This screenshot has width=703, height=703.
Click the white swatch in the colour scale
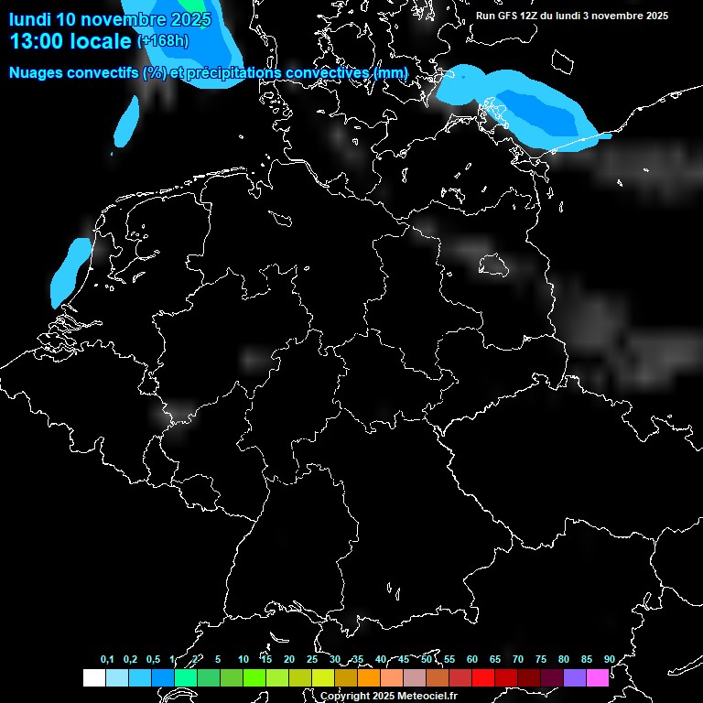(x=93, y=677)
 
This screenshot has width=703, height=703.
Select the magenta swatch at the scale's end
(x=598, y=677)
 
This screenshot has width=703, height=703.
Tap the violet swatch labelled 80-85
(x=575, y=677)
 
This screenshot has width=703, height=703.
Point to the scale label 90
(x=609, y=659)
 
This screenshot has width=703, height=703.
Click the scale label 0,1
(x=107, y=659)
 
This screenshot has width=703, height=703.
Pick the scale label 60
(x=472, y=659)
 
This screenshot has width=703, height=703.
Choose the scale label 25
(x=312, y=659)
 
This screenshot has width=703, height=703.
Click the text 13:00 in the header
(x=37, y=40)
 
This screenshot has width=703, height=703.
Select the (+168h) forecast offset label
(x=163, y=40)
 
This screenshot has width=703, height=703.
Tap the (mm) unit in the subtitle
(x=390, y=72)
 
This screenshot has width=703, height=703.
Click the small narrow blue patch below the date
(x=129, y=121)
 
